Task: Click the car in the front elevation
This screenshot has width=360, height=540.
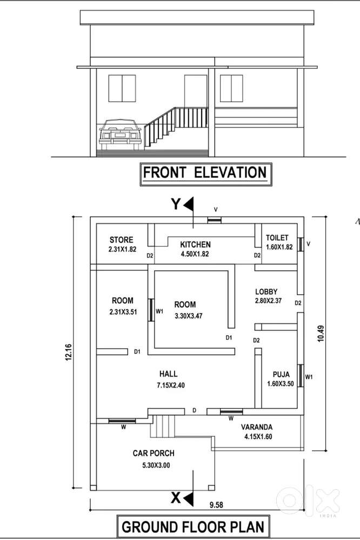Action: (120, 135)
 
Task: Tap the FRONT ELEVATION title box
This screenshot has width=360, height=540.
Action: (205, 174)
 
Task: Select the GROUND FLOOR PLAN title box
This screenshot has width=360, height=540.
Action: (194, 526)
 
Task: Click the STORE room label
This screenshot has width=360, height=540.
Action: (121, 239)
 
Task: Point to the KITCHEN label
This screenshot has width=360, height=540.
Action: (195, 244)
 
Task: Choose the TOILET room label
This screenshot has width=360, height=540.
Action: (277, 238)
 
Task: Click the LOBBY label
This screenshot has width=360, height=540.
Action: (266, 292)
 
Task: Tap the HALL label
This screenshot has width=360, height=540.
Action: (169, 374)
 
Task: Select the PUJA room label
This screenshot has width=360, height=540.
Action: (281, 375)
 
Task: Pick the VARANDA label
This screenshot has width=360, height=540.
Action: (257, 427)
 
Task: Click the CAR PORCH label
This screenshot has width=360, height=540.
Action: (154, 453)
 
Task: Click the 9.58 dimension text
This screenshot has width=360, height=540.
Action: (216, 505)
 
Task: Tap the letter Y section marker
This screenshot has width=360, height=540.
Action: (176, 204)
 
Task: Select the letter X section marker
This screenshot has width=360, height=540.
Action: (176, 498)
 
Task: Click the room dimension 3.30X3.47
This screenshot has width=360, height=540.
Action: (189, 316)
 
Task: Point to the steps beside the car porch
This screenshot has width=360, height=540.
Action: (163, 426)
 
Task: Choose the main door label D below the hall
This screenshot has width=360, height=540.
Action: (195, 410)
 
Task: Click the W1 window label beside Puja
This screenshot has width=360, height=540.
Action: (309, 377)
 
